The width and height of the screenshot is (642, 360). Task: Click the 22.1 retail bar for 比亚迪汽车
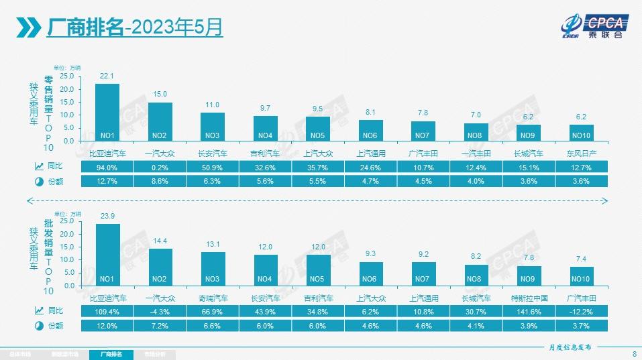[x=107, y=112]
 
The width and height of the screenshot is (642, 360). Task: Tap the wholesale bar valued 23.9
[x=107, y=254]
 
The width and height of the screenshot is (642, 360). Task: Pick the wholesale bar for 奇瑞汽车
[x=213, y=268]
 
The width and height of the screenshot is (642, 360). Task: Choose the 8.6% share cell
[x=160, y=181]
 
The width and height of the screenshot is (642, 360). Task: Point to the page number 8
[x=634, y=353]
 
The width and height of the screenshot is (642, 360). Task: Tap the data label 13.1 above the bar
[x=213, y=244]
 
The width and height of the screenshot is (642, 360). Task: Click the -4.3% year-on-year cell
[x=160, y=310]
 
